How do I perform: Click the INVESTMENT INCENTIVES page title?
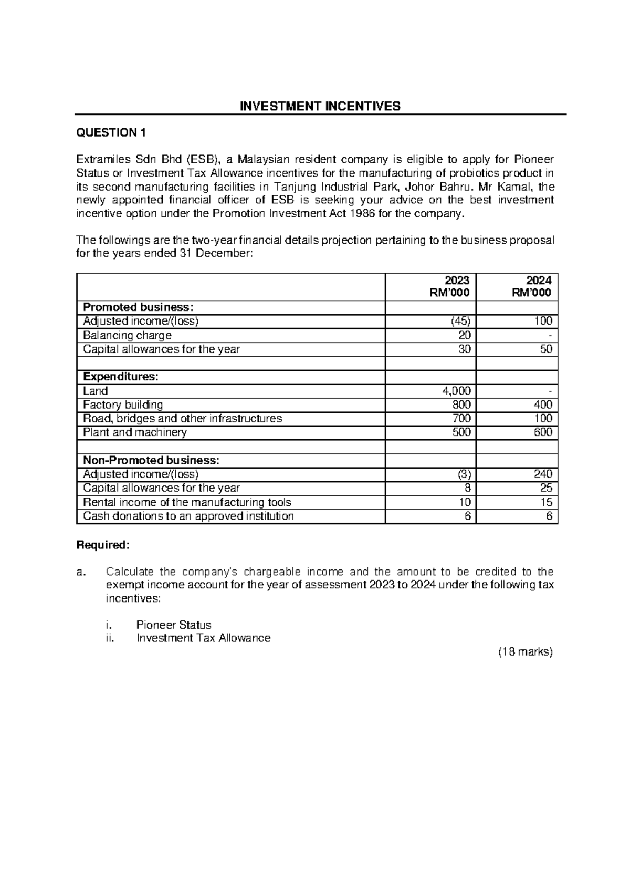click(320, 107)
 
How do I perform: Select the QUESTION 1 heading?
click(111, 132)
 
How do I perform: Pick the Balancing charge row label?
click(127, 335)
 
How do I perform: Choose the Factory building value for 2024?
click(543, 405)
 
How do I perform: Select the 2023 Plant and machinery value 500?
click(461, 432)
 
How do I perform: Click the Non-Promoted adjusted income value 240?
click(543, 474)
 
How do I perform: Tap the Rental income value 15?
click(546, 502)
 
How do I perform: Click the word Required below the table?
click(102, 545)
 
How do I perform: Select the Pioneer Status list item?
click(174, 625)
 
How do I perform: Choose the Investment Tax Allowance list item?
click(203, 638)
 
